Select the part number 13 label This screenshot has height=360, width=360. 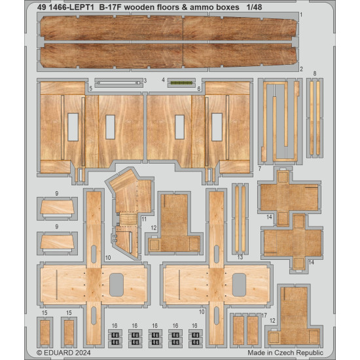click(x=240, y=257)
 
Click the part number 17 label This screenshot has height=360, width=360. click(x=264, y=315)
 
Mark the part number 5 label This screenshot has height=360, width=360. click(x=90, y=88)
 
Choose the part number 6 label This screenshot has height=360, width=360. click(x=198, y=88)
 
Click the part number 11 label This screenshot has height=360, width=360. click(x=143, y=218)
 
